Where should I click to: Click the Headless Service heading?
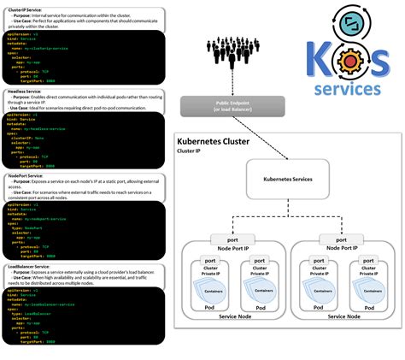click(26, 91)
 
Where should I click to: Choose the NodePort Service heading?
click(26, 174)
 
